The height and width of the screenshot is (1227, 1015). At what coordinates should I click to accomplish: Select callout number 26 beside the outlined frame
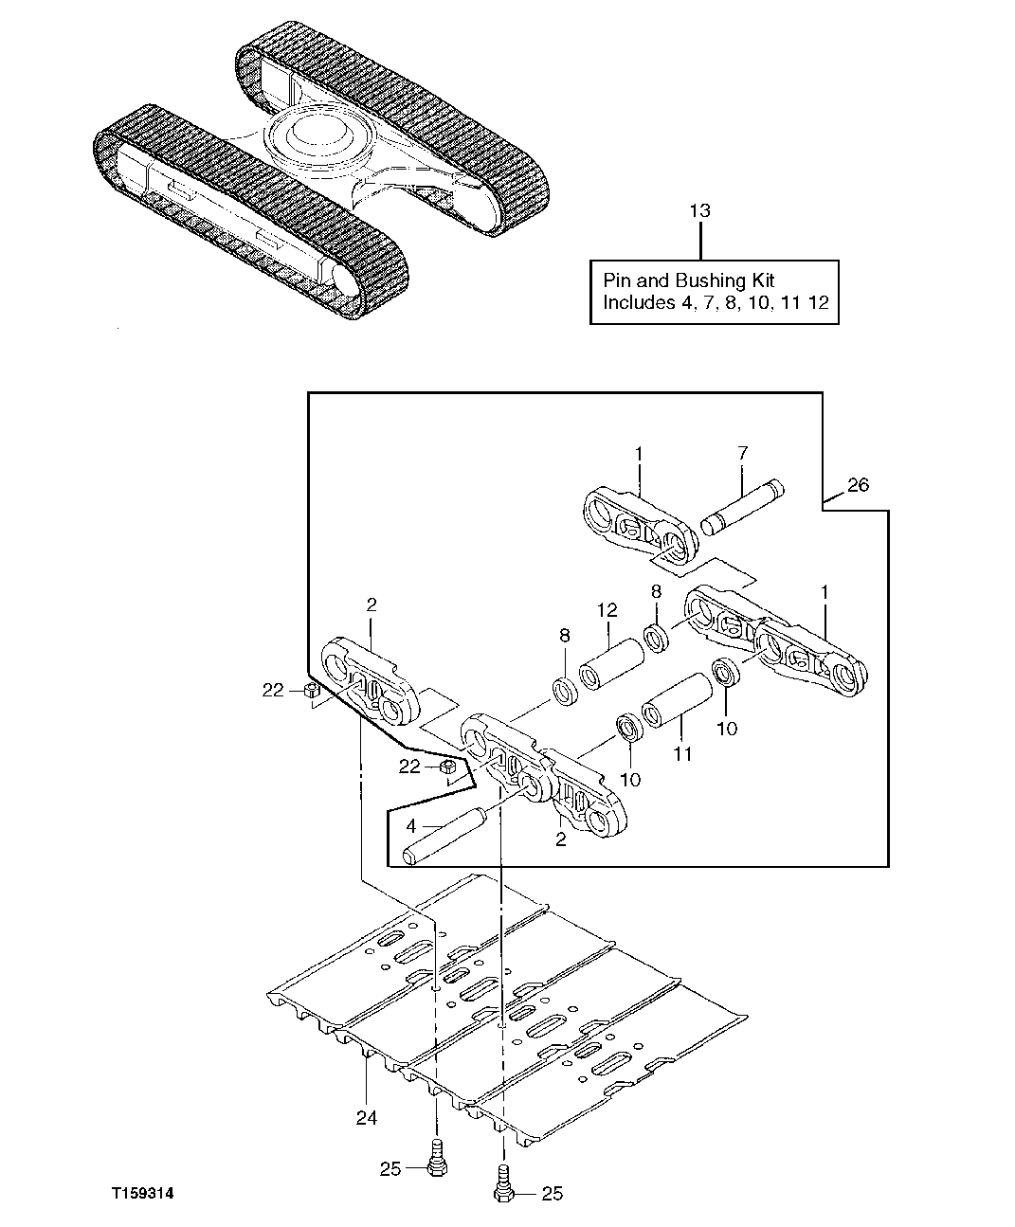857,485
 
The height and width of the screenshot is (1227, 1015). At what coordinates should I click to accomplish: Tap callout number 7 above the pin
742,454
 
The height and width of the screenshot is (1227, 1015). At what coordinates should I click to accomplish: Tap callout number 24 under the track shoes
367,1118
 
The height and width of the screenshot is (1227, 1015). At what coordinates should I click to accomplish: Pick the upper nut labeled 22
308,692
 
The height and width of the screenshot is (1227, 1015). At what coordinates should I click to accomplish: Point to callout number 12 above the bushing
607,612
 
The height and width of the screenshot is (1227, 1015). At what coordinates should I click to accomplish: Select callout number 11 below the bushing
682,754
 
